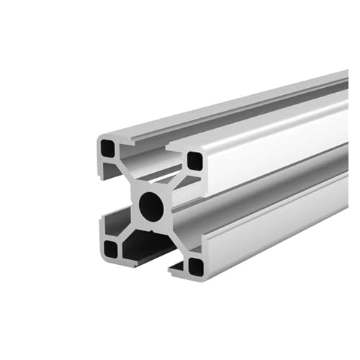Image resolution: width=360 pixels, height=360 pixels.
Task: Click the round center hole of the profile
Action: pos(151,206)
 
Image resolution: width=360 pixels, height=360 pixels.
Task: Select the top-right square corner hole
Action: pos(194,160)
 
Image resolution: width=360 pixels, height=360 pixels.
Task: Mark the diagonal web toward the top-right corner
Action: pos(174,183)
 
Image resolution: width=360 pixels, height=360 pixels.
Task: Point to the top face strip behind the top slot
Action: pos(238,108)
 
